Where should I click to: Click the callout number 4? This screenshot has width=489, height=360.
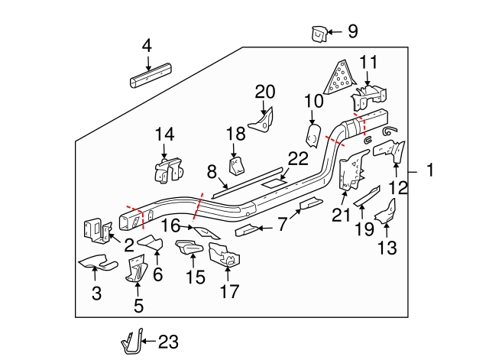[x=147, y=47]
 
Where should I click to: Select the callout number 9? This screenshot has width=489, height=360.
[x=351, y=31]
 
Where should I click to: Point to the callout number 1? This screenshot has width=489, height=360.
[x=429, y=172]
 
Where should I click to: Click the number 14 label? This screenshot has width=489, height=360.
[x=164, y=135]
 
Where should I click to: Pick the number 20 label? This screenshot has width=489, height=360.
[x=264, y=92]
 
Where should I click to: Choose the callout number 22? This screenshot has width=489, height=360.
[x=297, y=159]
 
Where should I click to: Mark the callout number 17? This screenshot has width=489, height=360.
[x=229, y=291]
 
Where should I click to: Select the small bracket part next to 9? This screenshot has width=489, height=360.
[x=319, y=33]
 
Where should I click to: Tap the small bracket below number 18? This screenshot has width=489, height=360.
[x=237, y=166]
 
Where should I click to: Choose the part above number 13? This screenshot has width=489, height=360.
[x=388, y=209]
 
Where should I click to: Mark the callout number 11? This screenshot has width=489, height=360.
[x=368, y=62]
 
